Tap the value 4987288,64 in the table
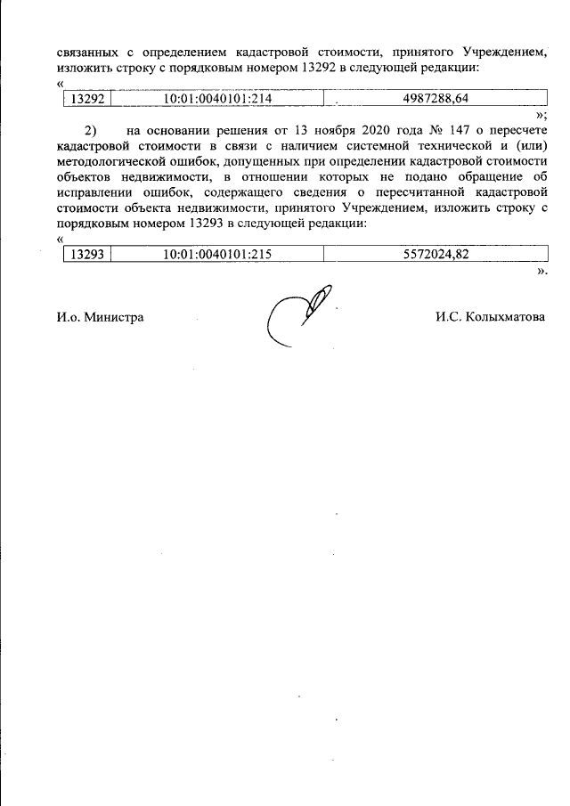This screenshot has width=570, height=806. (436, 99)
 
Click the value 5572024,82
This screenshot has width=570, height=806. (436, 255)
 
